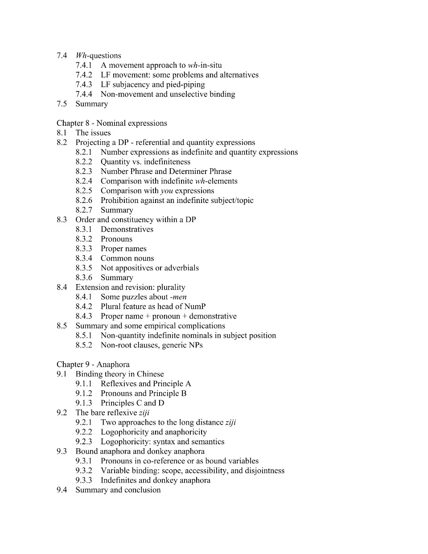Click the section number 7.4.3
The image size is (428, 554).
point(84,85)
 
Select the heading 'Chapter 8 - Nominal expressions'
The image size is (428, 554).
point(112,123)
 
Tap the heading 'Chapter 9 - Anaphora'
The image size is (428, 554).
point(93,364)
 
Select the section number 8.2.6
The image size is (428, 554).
point(84,200)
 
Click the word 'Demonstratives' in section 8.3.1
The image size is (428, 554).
point(127,229)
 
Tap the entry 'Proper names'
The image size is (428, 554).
point(123,249)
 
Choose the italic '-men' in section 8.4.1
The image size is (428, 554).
point(178,297)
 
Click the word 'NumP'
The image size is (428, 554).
point(195,306)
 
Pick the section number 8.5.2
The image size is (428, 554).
point(84,345)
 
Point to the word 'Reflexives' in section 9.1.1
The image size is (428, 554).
point(119,384)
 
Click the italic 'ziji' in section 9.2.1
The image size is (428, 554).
point(230,422)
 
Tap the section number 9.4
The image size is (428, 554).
point(62,490)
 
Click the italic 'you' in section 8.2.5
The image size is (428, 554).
point(167,191)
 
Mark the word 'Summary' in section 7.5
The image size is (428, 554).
point(92,104)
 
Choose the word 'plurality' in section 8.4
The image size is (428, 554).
point(171,287)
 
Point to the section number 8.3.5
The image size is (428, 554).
point(84,268)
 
